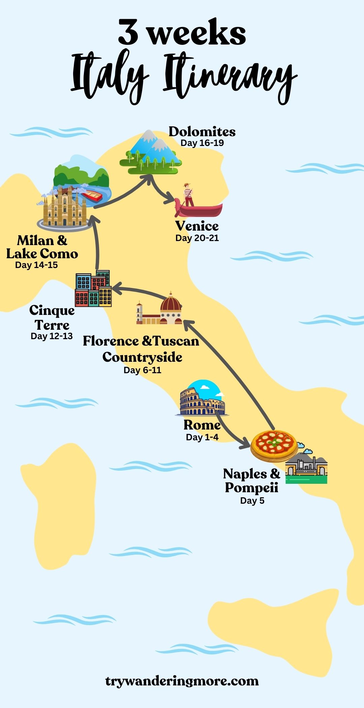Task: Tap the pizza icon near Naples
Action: pyautogui.click(x=274, y=445)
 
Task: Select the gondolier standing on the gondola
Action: pyautogui.click(x=188, y=195)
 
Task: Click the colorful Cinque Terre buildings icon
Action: pyautogui.click(x=93, y=289)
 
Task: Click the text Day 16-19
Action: pyautogui.click(x=202, y=143)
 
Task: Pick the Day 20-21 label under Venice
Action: pyautogui.click(x=197, y=238)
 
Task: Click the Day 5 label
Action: pyautogui.click(x=252, y=501)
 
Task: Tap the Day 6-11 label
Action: pyautogui.click(x=142, y=370)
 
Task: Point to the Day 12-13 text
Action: pyautogui.click(x=52, y=336)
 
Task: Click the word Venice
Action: pyautogui.click(x=197, y=226)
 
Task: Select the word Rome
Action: pyautogui.click(x=202, y=425)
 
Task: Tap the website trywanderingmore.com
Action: pyautogui.click(x=182, y=681)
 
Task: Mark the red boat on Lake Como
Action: pyautogui.click(x=92, y=195)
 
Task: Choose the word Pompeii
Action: pyautogui.click(x=251, y=488)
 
